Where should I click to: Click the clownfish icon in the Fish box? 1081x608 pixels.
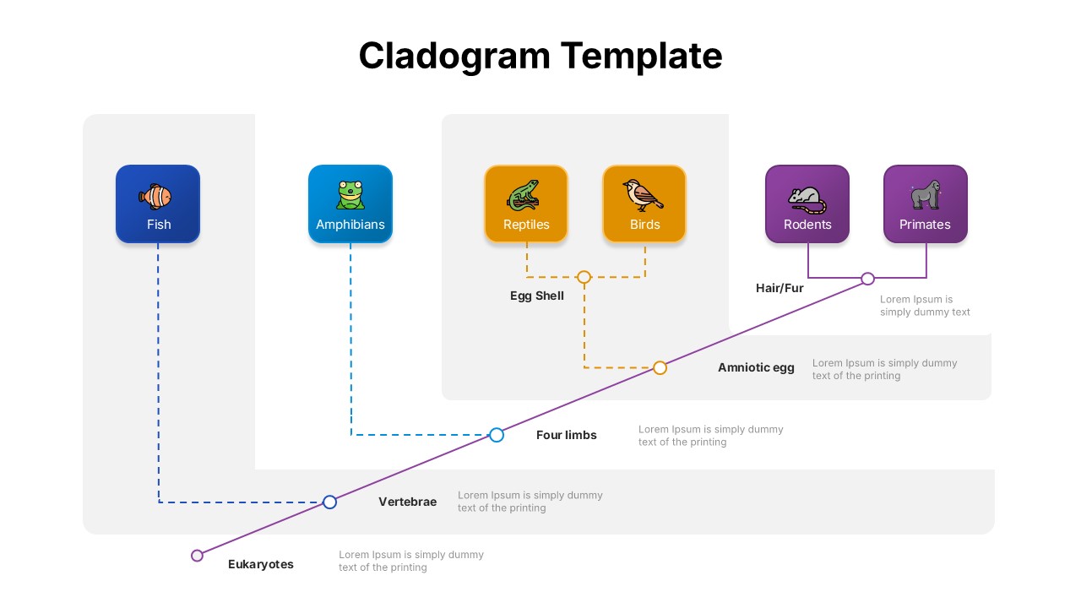click(155, 197)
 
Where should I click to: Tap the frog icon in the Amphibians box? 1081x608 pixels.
click(350, 195)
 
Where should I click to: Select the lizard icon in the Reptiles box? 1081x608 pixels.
click(524, 195)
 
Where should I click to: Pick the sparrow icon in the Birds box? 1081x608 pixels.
click(643, 195)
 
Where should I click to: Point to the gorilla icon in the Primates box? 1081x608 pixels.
click(925, 195)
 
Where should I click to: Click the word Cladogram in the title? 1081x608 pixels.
click(454, 56)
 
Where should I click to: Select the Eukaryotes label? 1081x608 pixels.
click(261, 564)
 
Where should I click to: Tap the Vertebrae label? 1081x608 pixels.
click(407, 502)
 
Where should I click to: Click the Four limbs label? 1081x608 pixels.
click(566, 435)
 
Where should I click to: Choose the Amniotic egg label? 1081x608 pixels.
click(756, 367)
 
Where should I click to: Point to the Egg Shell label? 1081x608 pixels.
click(536, 296)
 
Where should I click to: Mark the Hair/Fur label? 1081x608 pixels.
click(780, 288)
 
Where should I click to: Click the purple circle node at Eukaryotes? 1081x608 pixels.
click(197, 556)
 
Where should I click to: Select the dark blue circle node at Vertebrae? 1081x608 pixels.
click(330, 502)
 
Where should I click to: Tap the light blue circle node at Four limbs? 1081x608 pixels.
click(497, 435)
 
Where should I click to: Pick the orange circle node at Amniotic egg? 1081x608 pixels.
click(660, 367)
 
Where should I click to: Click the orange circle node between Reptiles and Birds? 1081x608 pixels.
click(584, 277)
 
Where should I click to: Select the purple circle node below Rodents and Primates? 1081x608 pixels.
click(867, 279)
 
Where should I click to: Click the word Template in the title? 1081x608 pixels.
click(642, 56)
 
